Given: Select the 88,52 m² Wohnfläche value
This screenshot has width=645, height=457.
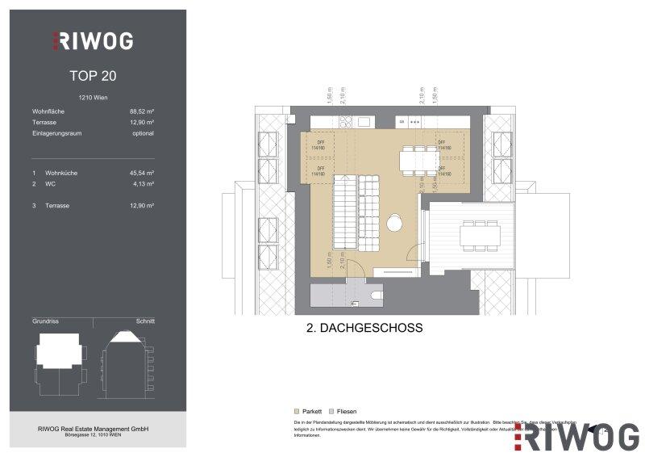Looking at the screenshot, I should point(141,112).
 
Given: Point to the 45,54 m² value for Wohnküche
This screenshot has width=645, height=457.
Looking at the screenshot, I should point(141,173).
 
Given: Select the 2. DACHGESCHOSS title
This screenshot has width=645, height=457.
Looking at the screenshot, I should point(355,329).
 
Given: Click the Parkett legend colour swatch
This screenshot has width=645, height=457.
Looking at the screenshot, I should point(298,411).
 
